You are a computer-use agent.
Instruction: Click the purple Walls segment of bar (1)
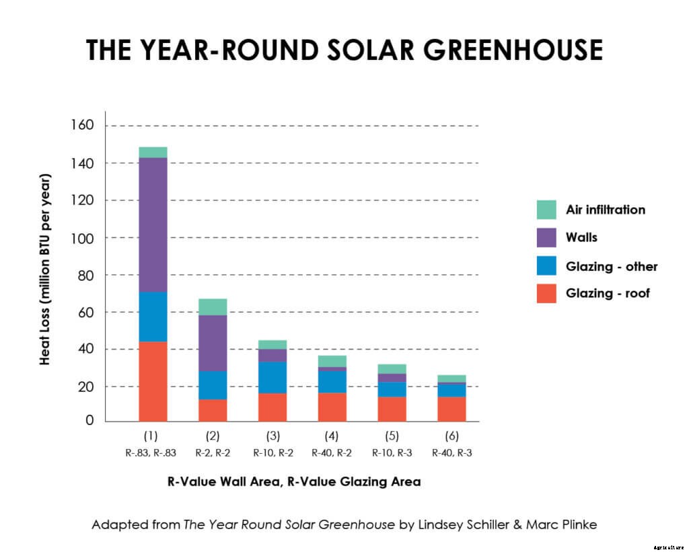click(153, 225)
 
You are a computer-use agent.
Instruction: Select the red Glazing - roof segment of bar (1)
click(153, 381)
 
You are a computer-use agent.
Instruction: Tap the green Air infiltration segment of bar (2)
click(213, 307)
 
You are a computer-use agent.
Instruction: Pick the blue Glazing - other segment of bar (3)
click(273, 377)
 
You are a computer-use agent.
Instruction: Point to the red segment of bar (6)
click(451, 409)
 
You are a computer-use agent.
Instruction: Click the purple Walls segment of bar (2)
click(213, 343)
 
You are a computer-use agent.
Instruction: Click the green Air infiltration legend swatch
click(546, 210)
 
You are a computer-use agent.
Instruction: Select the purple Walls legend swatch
click(546, 238)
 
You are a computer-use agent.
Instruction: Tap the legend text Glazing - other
click(612, 266)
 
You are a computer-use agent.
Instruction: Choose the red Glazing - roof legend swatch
click(546, 294)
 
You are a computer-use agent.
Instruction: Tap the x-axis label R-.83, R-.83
click(151, 452)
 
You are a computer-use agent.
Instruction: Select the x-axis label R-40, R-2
click(332, 452)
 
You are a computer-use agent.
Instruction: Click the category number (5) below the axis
click(393, 436)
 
